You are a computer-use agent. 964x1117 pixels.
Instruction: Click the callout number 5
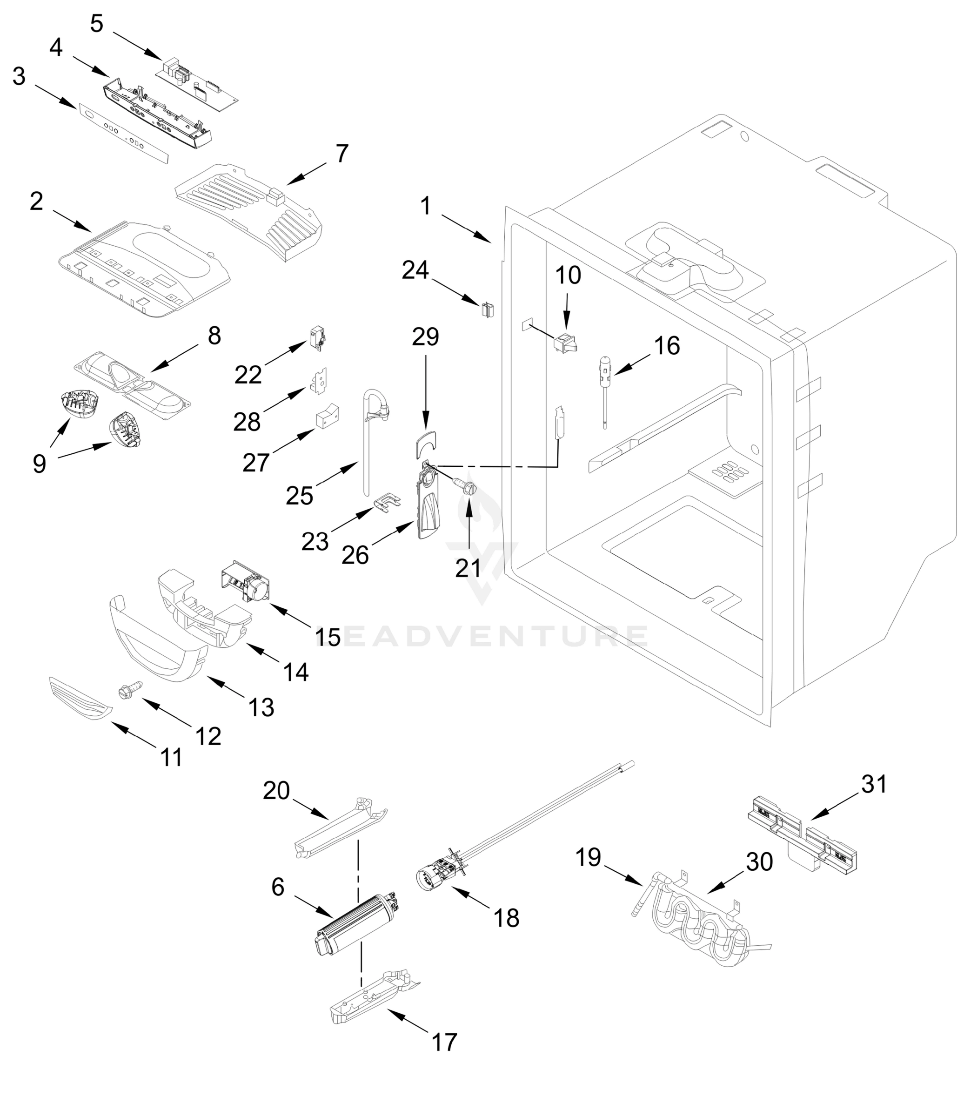tap(96, 23)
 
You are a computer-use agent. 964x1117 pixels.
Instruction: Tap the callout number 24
tap(415, 269)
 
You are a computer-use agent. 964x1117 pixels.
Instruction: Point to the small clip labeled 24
tap(487, 310)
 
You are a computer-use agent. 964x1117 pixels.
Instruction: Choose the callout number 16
tap(667, 345)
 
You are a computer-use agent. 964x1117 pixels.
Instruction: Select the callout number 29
tap(425, 337)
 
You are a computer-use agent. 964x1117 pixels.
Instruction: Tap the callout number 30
tap(759, 862)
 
